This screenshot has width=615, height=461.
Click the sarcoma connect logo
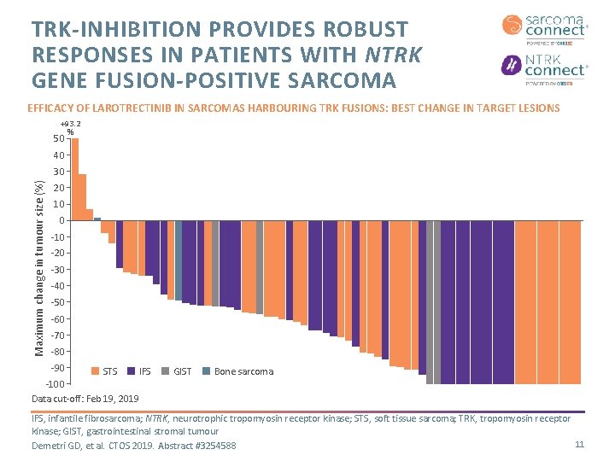coord(544,27)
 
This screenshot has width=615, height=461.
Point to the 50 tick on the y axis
coord(58,139)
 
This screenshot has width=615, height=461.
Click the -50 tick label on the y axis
coord(56,302)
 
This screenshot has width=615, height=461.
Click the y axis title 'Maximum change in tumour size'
coord(38,255)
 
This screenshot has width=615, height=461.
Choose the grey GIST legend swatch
coord(165,371)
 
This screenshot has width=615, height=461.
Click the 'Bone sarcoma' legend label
coord(243,371)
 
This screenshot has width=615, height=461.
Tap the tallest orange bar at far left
coord(74,179)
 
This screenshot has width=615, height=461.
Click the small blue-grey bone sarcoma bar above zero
coord(97,219)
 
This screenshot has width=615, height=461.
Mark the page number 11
coord(579,445)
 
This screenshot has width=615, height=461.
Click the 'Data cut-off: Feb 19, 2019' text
coord(85,400)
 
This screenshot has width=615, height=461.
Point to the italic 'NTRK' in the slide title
coord(395,55)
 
